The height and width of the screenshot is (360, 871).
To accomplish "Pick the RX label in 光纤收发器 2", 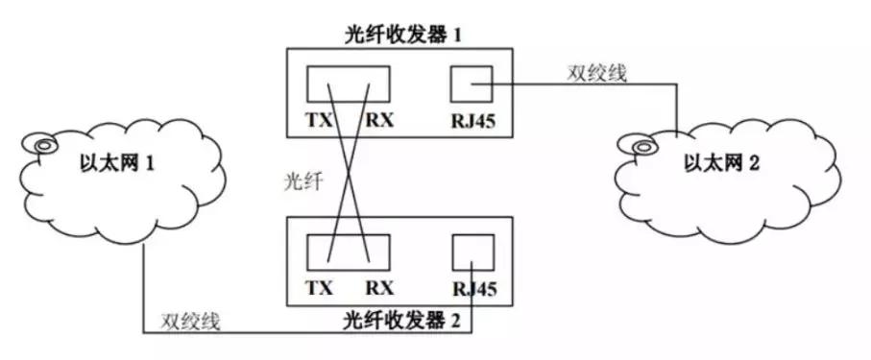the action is pos(379,287).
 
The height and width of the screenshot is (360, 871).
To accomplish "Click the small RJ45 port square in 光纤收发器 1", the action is pos(471,85).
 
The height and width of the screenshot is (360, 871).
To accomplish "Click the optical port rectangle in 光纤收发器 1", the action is pos(349,85).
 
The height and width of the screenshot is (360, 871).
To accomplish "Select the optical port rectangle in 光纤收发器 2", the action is pos(349,252).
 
